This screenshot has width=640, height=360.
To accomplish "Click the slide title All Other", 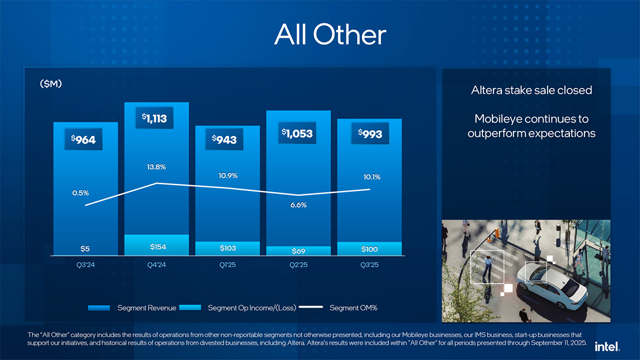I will point(330,34).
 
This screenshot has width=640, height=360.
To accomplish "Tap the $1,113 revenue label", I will point(154,118).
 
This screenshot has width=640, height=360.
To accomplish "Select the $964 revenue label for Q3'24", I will point(83,139).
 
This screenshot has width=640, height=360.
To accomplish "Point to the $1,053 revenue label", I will point(297,133).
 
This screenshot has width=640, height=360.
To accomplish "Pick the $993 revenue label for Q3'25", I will point(370,133).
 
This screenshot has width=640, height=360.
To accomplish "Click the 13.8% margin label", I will point(156,166).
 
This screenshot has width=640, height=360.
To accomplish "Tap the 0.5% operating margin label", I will point(80,192).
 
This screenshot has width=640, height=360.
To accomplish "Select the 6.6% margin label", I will point(298,205).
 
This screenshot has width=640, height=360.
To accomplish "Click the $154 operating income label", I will point(158,247).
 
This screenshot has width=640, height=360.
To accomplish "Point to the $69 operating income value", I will point(298,250).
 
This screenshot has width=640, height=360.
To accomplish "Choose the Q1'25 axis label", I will point(227,265).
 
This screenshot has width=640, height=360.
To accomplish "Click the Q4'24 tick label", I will point(156,265).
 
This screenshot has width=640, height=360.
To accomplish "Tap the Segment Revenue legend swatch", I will point(98,308).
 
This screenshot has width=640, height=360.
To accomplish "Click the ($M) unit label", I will point(51,84).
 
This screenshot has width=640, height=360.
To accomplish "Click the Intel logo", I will point(607,346).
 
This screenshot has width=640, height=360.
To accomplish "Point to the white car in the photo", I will point(552,283).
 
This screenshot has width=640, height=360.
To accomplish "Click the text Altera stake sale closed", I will point(531,90).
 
